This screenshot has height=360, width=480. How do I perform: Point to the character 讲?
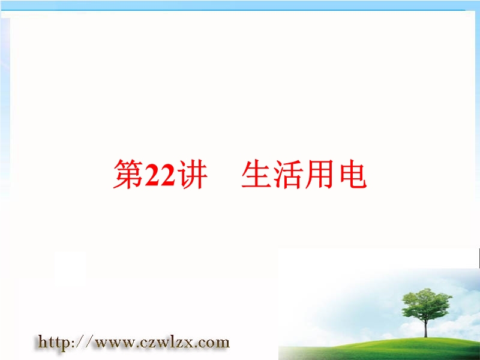192,174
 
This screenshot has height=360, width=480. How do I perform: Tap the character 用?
319,174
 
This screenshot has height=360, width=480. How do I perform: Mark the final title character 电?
352,174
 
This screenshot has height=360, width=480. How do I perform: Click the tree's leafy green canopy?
427,304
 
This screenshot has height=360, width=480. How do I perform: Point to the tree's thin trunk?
425,328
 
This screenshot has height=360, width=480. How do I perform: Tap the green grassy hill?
380,350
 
